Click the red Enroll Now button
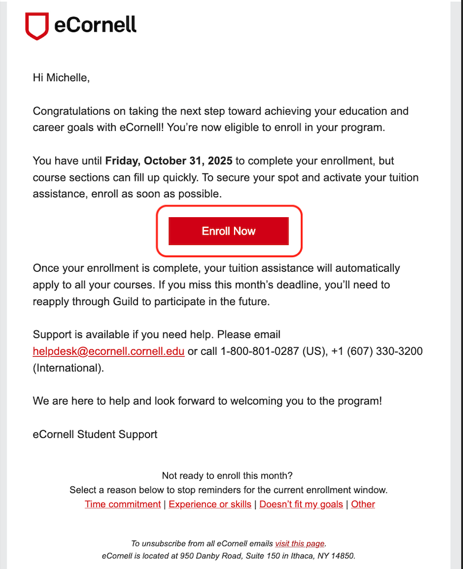click(228, 231)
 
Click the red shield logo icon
click(36, 26)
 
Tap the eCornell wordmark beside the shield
click(95, 25)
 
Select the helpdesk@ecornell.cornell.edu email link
click(109, 351)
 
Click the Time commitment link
click(123, 504)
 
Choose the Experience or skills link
click(210, 504)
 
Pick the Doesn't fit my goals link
click(301, 504)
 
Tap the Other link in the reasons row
click(363, 504)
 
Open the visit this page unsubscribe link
click(300, 544)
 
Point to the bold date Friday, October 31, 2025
click(168, 161)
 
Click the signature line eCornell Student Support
click(95, 434)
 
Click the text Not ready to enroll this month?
click(227, 476)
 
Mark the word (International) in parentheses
click(68, 368)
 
